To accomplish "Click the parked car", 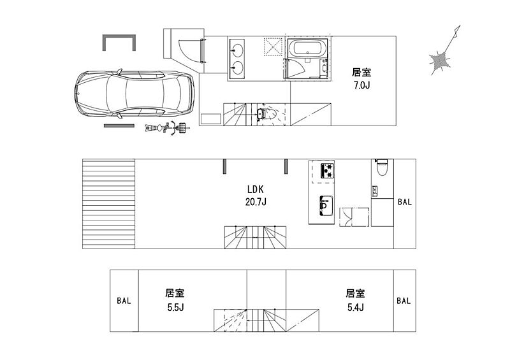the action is (135, 94).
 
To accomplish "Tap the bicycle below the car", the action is (168, 128).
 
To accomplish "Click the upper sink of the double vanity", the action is (237, 50).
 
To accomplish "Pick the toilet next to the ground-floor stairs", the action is (266, 114).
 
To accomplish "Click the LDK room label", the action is (256, 189).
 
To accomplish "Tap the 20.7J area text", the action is (256, 202).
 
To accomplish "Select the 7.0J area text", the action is (361, 85).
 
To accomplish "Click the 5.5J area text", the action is (176, 307).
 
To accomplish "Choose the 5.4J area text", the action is (356, 307).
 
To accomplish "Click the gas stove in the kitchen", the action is (327, 171).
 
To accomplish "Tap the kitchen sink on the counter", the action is (326, 206).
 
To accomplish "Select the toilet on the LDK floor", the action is (381, 167).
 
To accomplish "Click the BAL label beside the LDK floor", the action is (405, 202).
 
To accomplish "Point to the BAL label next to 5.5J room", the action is (124, 301).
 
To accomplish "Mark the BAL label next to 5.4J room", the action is (404, 301).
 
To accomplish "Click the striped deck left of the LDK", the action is (108, 204).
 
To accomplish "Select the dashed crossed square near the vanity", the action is (273, 47).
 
